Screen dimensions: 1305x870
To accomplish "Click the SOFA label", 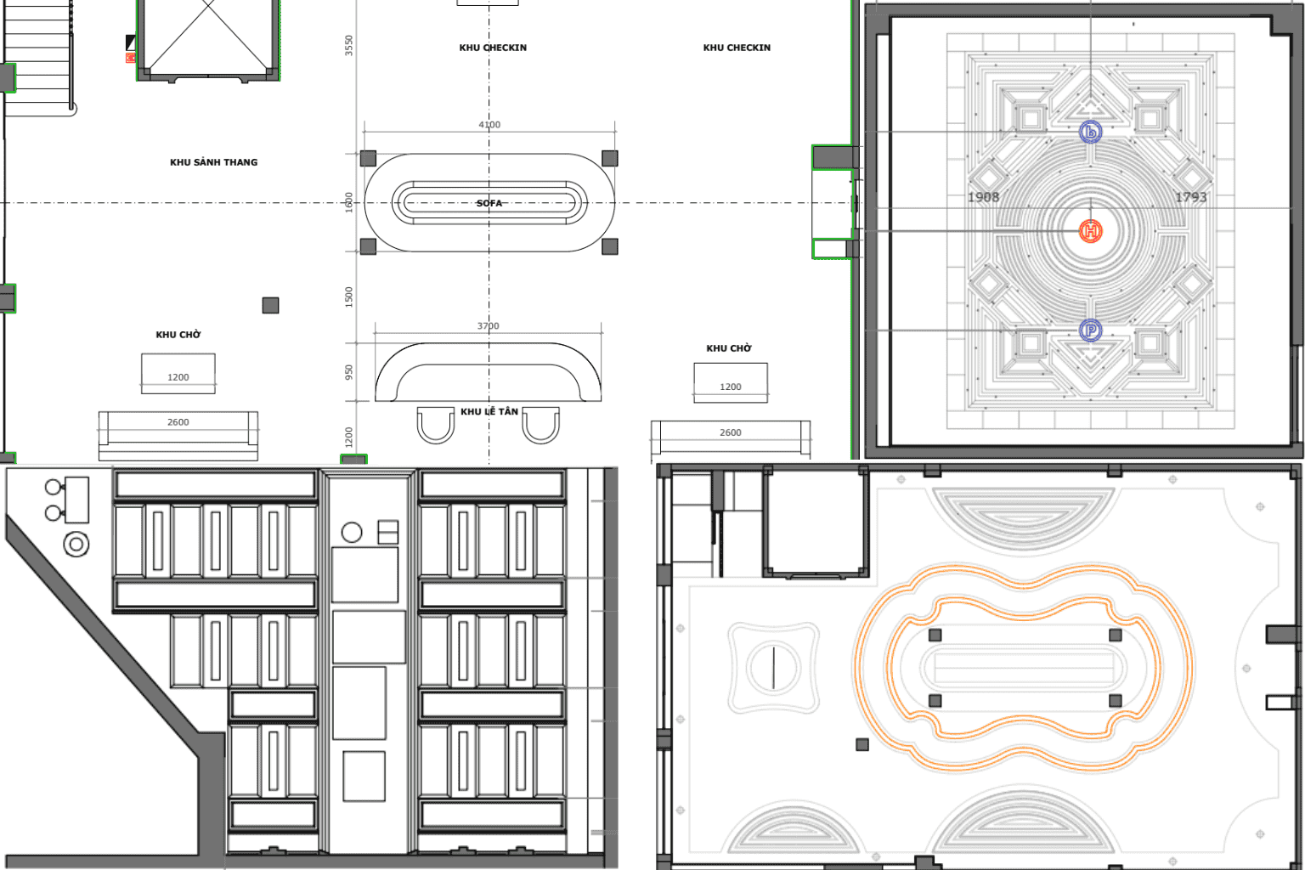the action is point(489,203).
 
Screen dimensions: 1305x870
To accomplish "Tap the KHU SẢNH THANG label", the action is point(214,162).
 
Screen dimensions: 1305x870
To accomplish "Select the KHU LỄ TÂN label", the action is point(489,411).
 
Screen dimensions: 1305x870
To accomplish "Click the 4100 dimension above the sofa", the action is point(489,125).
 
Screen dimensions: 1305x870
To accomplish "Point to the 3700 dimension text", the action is point(489,325).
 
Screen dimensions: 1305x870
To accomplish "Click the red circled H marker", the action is point(1091,231).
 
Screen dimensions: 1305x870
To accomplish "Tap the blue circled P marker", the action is point(1091,330).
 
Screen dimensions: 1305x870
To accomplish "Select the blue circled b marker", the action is point(1091,132).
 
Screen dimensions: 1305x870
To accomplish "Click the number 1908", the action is point(983,197).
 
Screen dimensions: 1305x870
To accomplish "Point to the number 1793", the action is point(1191,197).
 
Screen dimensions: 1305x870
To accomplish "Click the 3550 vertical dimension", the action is point(349,45).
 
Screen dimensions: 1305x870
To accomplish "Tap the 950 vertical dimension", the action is point(349,372).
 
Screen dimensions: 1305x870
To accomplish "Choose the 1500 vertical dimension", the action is point(349,297).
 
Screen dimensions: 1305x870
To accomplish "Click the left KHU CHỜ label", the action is point(178,335).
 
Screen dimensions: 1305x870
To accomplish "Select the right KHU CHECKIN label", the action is point(737,48).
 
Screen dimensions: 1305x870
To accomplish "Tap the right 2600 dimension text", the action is point(731,432).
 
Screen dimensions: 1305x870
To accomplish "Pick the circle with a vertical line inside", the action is point(773,667).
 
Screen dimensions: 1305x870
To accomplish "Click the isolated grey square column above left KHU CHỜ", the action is point(270,305).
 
